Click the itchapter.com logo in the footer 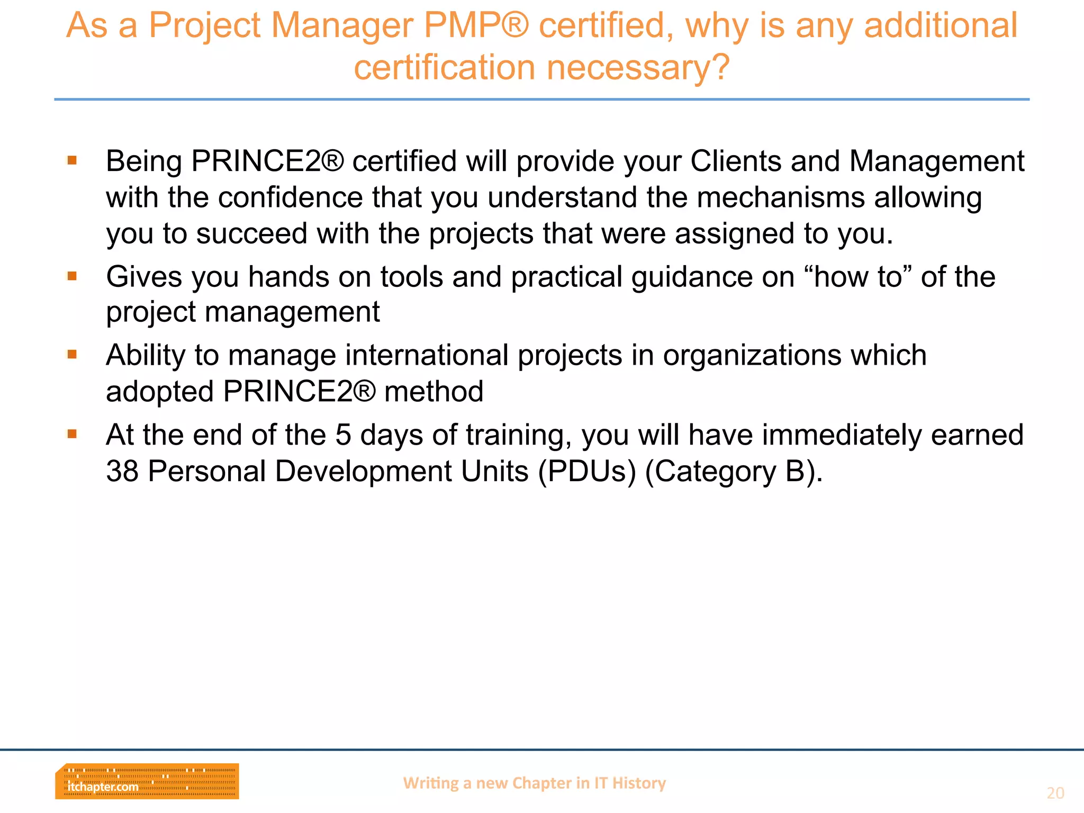[147, 781]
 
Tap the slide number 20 [1055, 793]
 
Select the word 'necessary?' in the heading [638, 68]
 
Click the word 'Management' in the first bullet [937, 161]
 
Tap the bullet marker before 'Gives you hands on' [73, 276]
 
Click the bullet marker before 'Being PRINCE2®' [73, 160]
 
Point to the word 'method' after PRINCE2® [433, 391]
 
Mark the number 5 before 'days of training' [343, 435]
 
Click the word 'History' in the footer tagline [639, 783]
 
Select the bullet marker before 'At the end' [73, 434]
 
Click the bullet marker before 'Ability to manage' [73, 354]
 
